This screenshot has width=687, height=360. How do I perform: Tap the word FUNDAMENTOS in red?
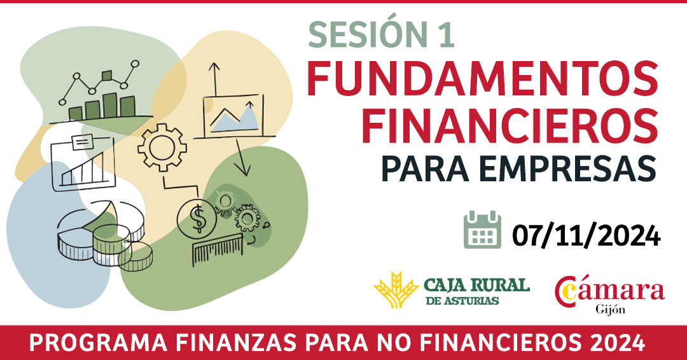[x=482, y=79]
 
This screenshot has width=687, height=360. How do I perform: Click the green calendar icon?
[x=482, y=230]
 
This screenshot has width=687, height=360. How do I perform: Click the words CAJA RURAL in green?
[x=476, y=286]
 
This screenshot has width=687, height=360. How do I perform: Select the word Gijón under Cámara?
[x=610, y=309]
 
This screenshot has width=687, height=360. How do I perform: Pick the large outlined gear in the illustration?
[x=162, y=147]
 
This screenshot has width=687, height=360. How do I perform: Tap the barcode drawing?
[x=218, y=249]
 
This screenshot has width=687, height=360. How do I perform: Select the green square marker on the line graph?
[x=107, y=76]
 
